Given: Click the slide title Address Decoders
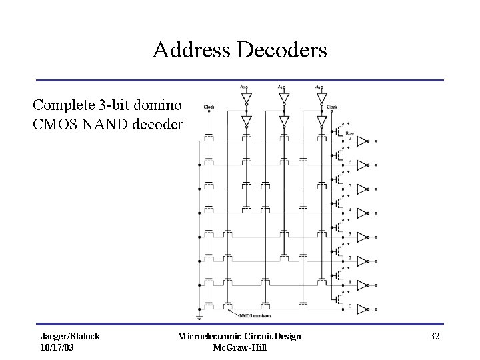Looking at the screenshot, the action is (x=239, y=49).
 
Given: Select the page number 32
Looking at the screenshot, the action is (x=435, y=336).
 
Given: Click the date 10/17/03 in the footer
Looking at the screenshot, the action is (x=58, y=347).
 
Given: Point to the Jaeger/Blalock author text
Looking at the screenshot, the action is (x=70, y=336).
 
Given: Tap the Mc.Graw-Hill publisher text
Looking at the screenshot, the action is (x=239, y=347).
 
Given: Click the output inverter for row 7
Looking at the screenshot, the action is (x=361, y=141).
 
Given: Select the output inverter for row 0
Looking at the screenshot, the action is (x=361, y=309).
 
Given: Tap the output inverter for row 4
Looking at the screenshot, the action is (x=361, y=213).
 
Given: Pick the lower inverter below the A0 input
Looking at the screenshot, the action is (x=322, y=121).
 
